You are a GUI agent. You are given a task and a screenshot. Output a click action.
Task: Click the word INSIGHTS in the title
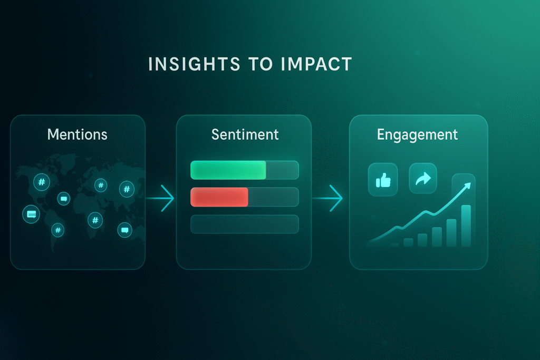pyautogui.click(x=194, y=64)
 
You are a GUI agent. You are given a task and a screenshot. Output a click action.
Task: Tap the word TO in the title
pyautogui.click(x=261, y=64)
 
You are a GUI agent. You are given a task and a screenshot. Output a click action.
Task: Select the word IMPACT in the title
pyautogui.click(x=316, y=64)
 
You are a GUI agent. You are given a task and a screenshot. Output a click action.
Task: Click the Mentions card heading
pyautogui.click(x=78, y=134)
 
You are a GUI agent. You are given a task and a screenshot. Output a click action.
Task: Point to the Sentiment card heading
pyautogui.click(x=245, y=134)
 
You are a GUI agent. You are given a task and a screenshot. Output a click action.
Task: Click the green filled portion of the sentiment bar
pyautogui.click(x=228, y=170)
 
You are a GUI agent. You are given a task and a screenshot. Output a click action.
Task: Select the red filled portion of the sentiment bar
pyautogui.click(x=219, y=197)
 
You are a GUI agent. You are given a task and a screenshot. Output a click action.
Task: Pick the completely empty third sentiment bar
pyautogui.click(x=245, y=225)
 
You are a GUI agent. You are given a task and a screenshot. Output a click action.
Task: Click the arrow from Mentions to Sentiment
pyautogui.click(x=160, y=198)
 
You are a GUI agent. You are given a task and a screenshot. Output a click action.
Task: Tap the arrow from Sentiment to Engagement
pyautogui.click(x=327, y=198)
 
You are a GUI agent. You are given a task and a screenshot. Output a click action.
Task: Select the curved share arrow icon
pyautogui.click(x=423, y=179)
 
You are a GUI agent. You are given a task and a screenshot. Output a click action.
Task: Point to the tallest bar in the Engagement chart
pyautogui.click(x=466, y=226)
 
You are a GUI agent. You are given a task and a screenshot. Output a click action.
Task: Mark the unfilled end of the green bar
pyautogui.click(x=283, y=170)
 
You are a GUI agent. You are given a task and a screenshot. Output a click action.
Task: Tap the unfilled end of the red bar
pyautogui.click(x=274, y=197)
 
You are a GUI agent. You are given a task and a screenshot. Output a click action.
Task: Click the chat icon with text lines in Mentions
pyautogui.click(x=31, y=214)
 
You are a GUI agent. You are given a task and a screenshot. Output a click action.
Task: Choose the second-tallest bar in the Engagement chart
pyautogui.click(x=451, y=233)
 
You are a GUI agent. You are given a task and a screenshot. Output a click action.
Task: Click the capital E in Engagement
pyautogui.click(x=381, y=134)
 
